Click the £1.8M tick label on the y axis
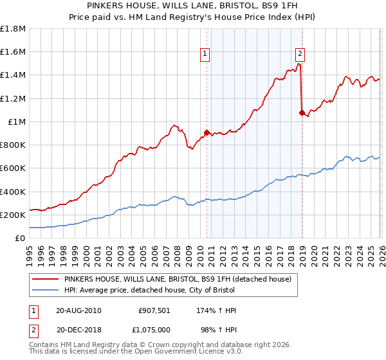pos(13,29)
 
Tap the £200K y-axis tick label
pos(13,215)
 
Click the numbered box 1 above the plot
pos(205,54)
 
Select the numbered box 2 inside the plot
pos(300,54)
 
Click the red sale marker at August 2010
pos(207,133)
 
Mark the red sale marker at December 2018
pos(302,113)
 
